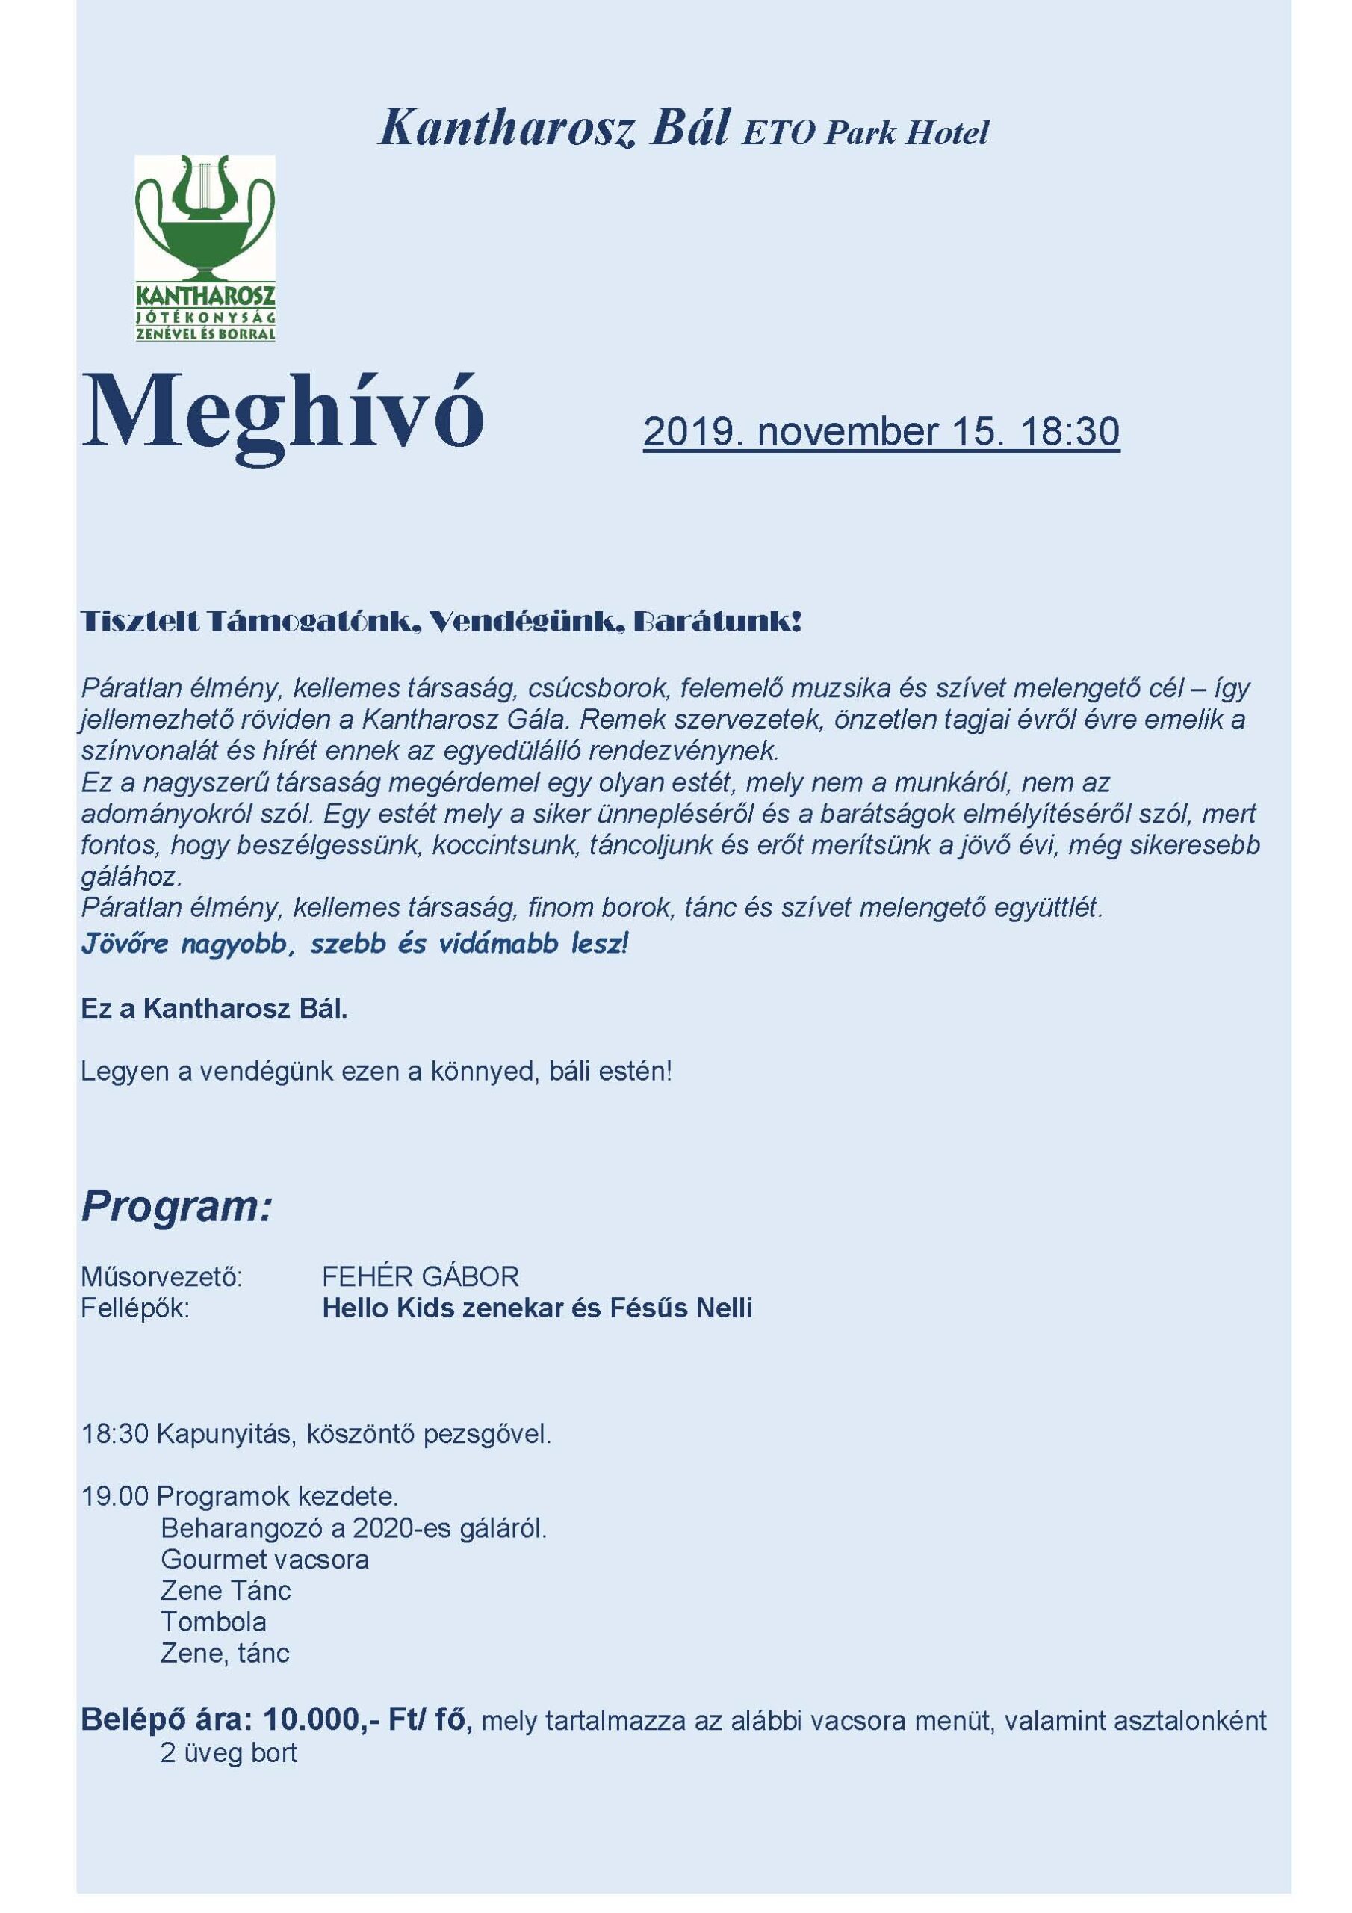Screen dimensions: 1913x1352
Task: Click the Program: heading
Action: click(176, 1205)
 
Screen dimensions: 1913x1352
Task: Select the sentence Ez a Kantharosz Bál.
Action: click(214, 1009)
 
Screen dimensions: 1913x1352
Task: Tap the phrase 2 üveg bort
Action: click(229, 1752)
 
